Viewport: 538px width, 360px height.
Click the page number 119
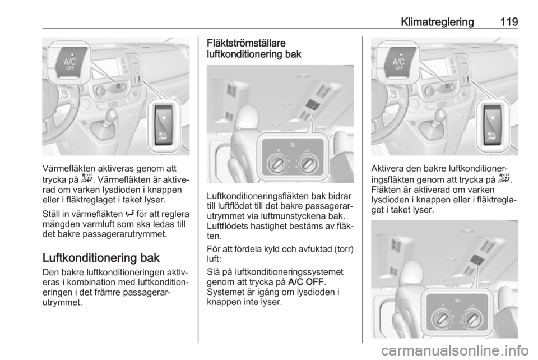(508, 22)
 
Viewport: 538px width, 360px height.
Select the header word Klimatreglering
(437, 22)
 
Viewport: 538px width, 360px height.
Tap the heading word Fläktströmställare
(246, 43)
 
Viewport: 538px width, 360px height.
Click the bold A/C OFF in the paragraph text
(306, 281)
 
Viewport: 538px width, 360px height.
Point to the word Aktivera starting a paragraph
(387, 168)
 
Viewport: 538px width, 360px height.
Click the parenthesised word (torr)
(344, 249)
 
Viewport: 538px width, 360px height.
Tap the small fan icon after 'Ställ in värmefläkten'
(129, 214)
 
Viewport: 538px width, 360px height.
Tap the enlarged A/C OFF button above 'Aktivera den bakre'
(399, 62)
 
